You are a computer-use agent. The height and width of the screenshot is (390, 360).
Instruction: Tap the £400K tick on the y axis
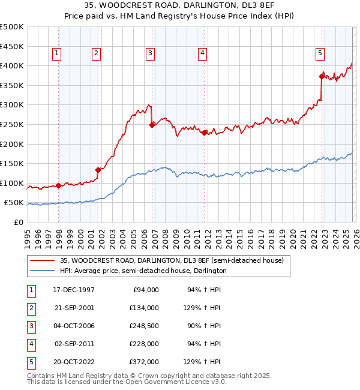[x=12, y=65]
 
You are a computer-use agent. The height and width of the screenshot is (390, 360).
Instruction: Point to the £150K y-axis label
[x=12, y=163]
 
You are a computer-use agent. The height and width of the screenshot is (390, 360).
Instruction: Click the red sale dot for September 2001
[x=98, y=169]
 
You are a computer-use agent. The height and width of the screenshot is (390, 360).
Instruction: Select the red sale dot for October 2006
[x=152, y=125]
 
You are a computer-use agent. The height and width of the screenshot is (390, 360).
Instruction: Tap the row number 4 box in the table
[x=31, y=344]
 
